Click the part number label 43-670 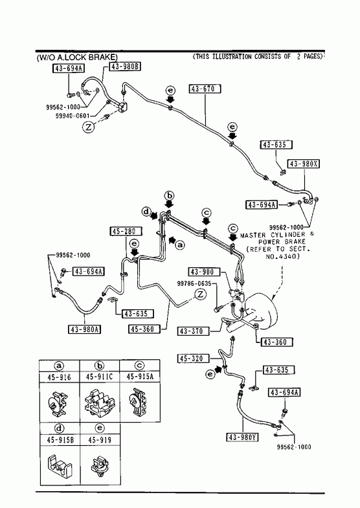point(205,89)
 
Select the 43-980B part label point(126,67)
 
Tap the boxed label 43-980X point(304,164)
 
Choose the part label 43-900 point(204,272)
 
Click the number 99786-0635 point(194,283)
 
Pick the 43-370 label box point(194,331)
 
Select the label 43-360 point(276,342)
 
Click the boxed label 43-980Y point(242,437)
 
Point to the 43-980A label point(85,329)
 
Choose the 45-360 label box point(144,329)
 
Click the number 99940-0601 point(73,115)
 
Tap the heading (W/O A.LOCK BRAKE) point(77,58)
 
